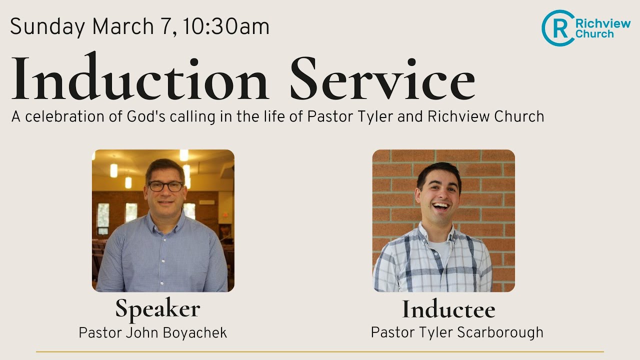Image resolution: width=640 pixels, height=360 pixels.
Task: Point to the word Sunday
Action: click(x=47, y=26)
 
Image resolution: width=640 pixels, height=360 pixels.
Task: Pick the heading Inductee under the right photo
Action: click(x=448, y=309)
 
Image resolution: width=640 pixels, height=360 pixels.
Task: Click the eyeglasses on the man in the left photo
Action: click(x=165, y=186)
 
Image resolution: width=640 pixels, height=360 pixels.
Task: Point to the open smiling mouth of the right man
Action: click(x=440, y=205)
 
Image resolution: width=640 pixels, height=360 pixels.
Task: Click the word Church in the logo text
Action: click(x=594, y=34)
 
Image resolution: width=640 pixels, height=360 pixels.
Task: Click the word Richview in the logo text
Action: click(x=603, y=23)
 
